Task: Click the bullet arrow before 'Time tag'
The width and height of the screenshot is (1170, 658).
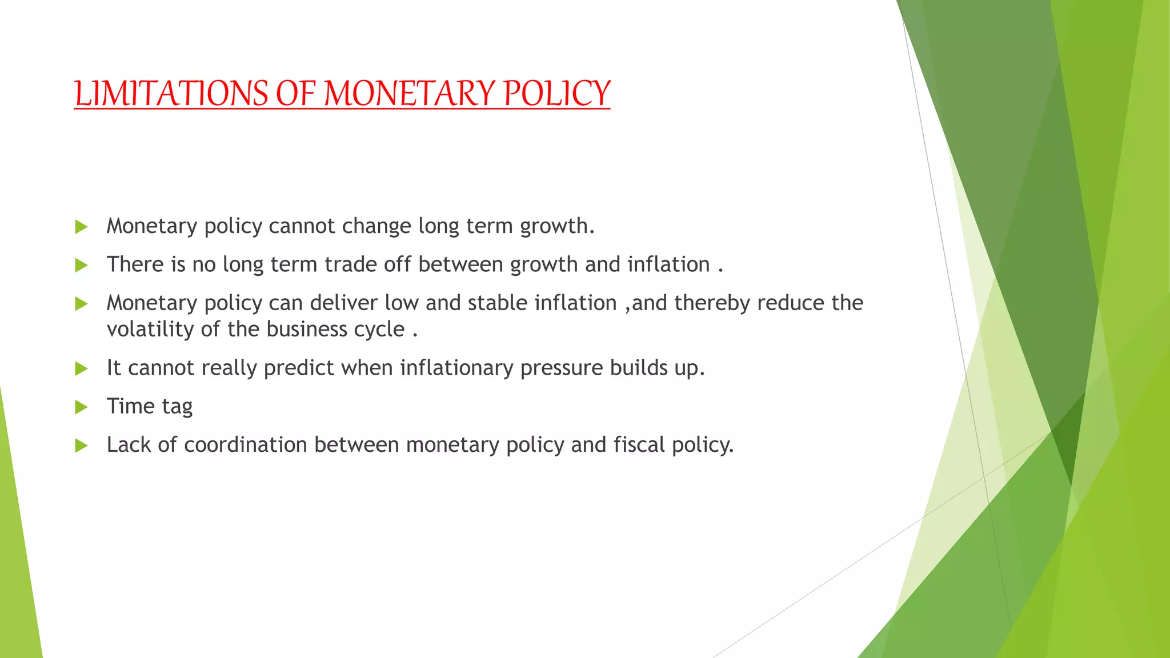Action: click(81, 407)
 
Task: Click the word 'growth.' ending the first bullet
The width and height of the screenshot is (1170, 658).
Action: click(557, 227)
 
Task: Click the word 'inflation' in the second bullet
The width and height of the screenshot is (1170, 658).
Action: click(668, 265)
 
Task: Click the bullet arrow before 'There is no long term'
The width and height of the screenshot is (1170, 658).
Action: click(81, 266)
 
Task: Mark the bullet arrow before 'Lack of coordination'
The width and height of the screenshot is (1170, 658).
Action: click(81, 446)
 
